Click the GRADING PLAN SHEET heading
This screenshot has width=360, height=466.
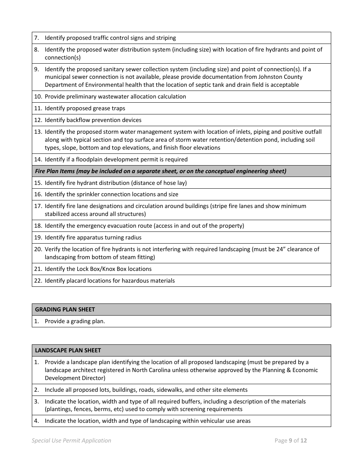coord(65,310)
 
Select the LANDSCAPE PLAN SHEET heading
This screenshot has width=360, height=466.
coord(68,350)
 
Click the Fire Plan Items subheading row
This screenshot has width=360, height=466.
coord(161,171)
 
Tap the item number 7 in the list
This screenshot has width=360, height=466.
coord(37,38)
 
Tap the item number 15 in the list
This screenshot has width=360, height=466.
coord(38,183)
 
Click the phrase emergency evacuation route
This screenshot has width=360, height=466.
coord(113,226)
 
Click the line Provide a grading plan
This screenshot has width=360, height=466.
coord(75,321)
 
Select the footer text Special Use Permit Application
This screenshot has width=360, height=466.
coord(72,441)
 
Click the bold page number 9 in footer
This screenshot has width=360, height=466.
coord(290,441)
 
